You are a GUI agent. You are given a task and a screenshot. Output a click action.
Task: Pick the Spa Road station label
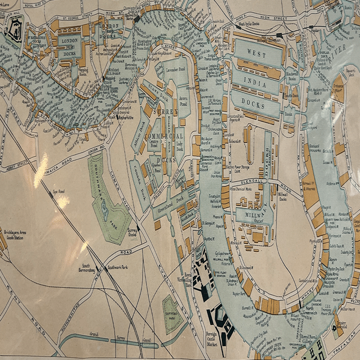point(59,191)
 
